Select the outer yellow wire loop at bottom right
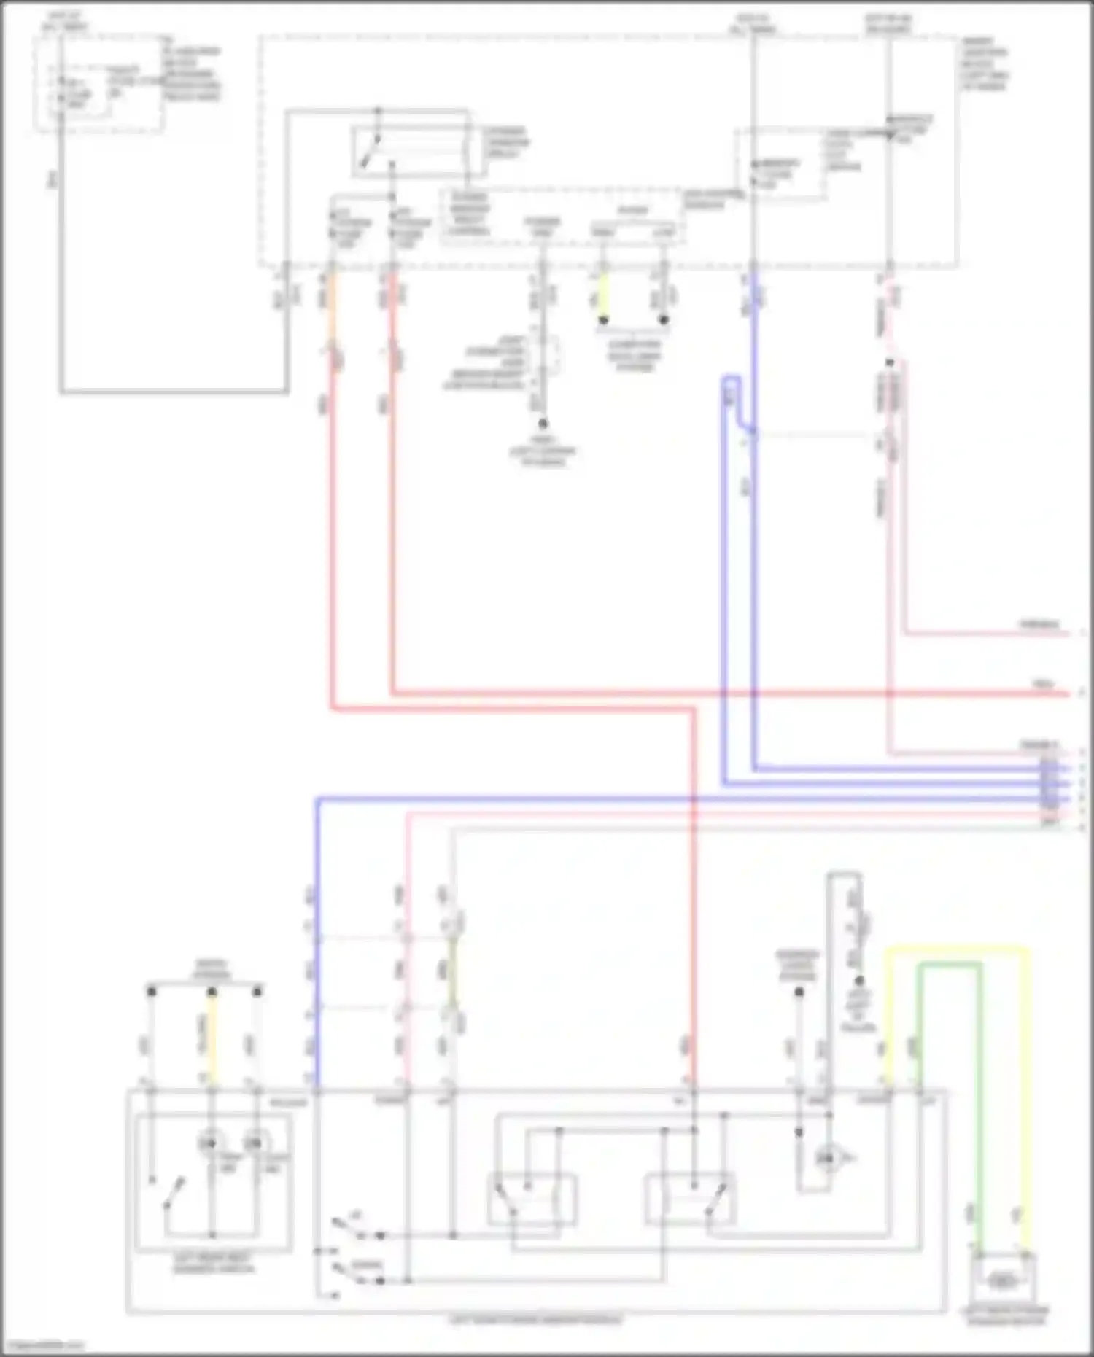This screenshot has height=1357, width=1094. point(1027,1094)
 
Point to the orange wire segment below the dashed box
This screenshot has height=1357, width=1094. point(333,306)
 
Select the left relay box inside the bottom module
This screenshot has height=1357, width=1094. point(532,1199)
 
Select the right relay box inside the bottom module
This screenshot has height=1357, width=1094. point(689,1199)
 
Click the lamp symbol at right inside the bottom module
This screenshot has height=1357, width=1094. point(826,1157)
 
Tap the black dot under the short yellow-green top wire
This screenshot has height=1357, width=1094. point(604,319)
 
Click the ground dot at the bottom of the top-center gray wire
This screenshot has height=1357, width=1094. point(543,422)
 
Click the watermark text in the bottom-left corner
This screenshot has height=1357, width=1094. point(42,1346)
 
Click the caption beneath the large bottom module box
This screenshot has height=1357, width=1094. point(536,1321)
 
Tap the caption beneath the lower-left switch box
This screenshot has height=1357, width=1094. point(214,1263)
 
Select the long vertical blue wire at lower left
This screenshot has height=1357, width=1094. point(317,948)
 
